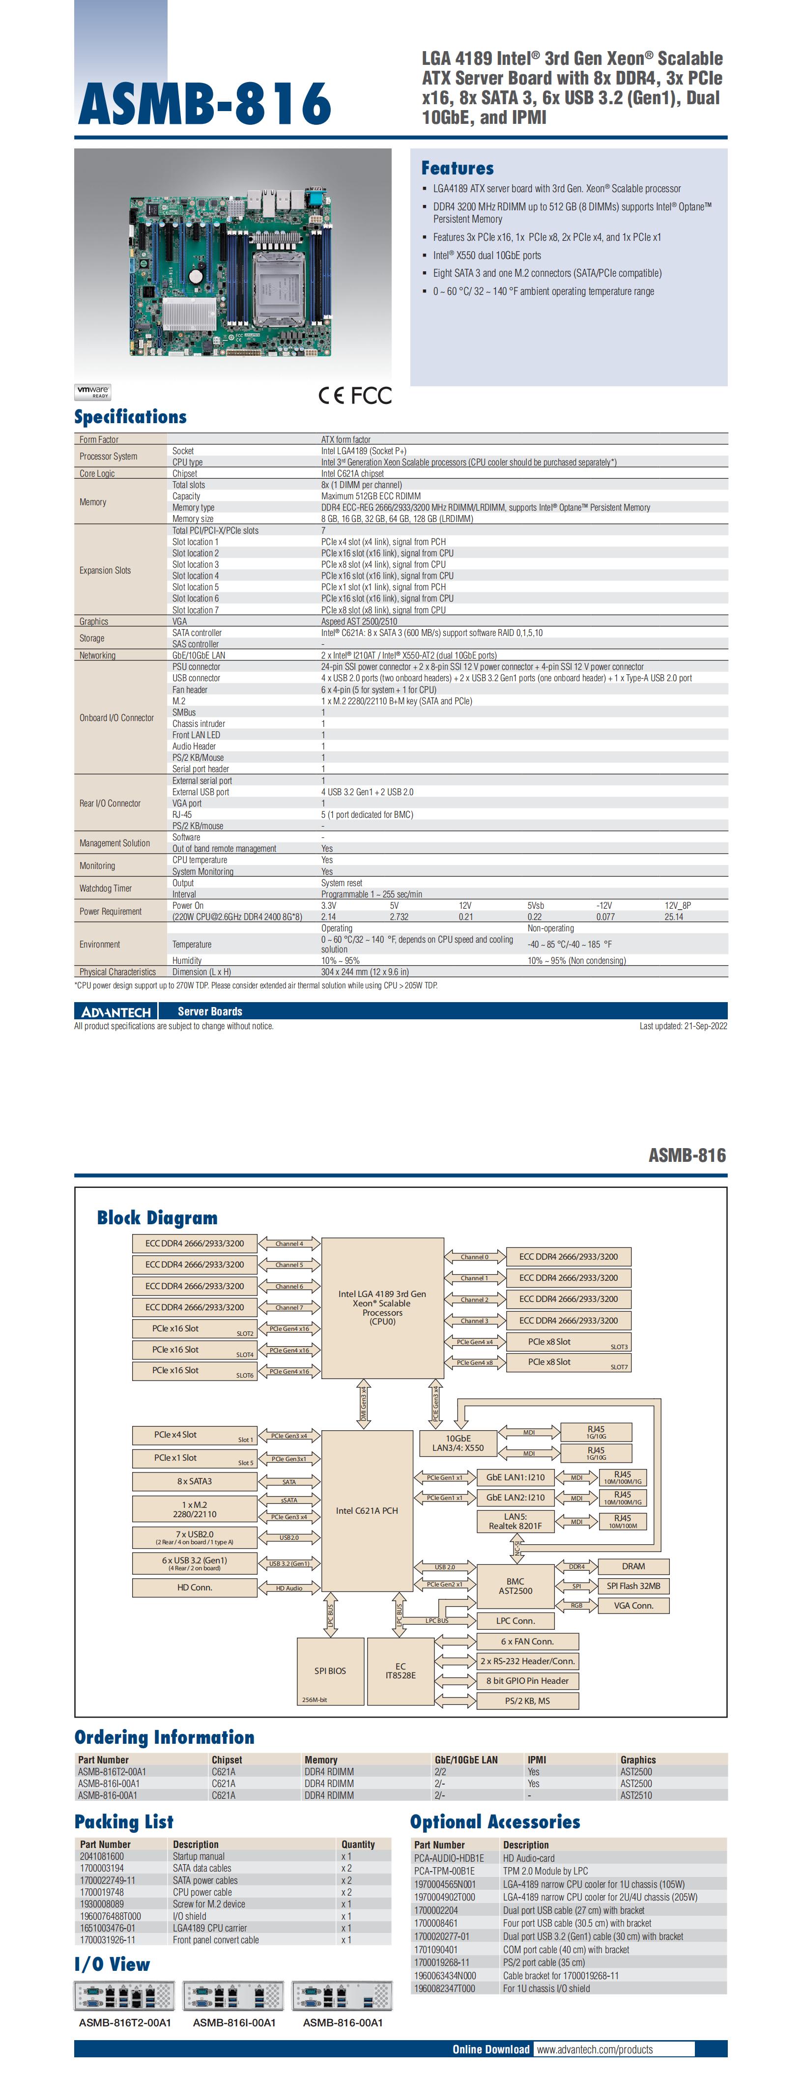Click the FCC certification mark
[x=371, y=396]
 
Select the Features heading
[x=457, y=169]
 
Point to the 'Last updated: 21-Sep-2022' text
[x=683, y=1026]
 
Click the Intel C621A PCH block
[x=367, y=1510]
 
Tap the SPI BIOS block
[x=330, y=1671]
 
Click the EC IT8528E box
[x=400, y=1671]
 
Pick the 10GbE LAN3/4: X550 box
[x=458, y=1442]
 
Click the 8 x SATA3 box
[x=194, y=1481]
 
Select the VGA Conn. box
[x=633, y=1605]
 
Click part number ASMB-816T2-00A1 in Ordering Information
[x=112, y=1771]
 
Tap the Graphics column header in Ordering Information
[x=637, y=1760]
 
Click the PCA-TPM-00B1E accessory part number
[x=444, y=1871]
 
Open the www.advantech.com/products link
[x=595, y=2048]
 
